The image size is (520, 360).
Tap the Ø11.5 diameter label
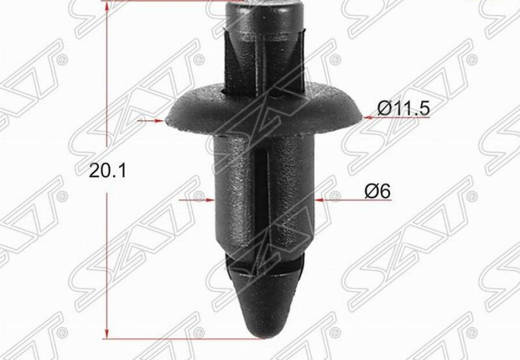(404, 108)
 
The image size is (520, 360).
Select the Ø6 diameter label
(378, 190)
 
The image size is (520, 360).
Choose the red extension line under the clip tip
(173, 339)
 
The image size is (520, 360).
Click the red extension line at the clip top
(168, 1)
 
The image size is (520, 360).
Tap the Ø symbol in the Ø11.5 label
(385, 108)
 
